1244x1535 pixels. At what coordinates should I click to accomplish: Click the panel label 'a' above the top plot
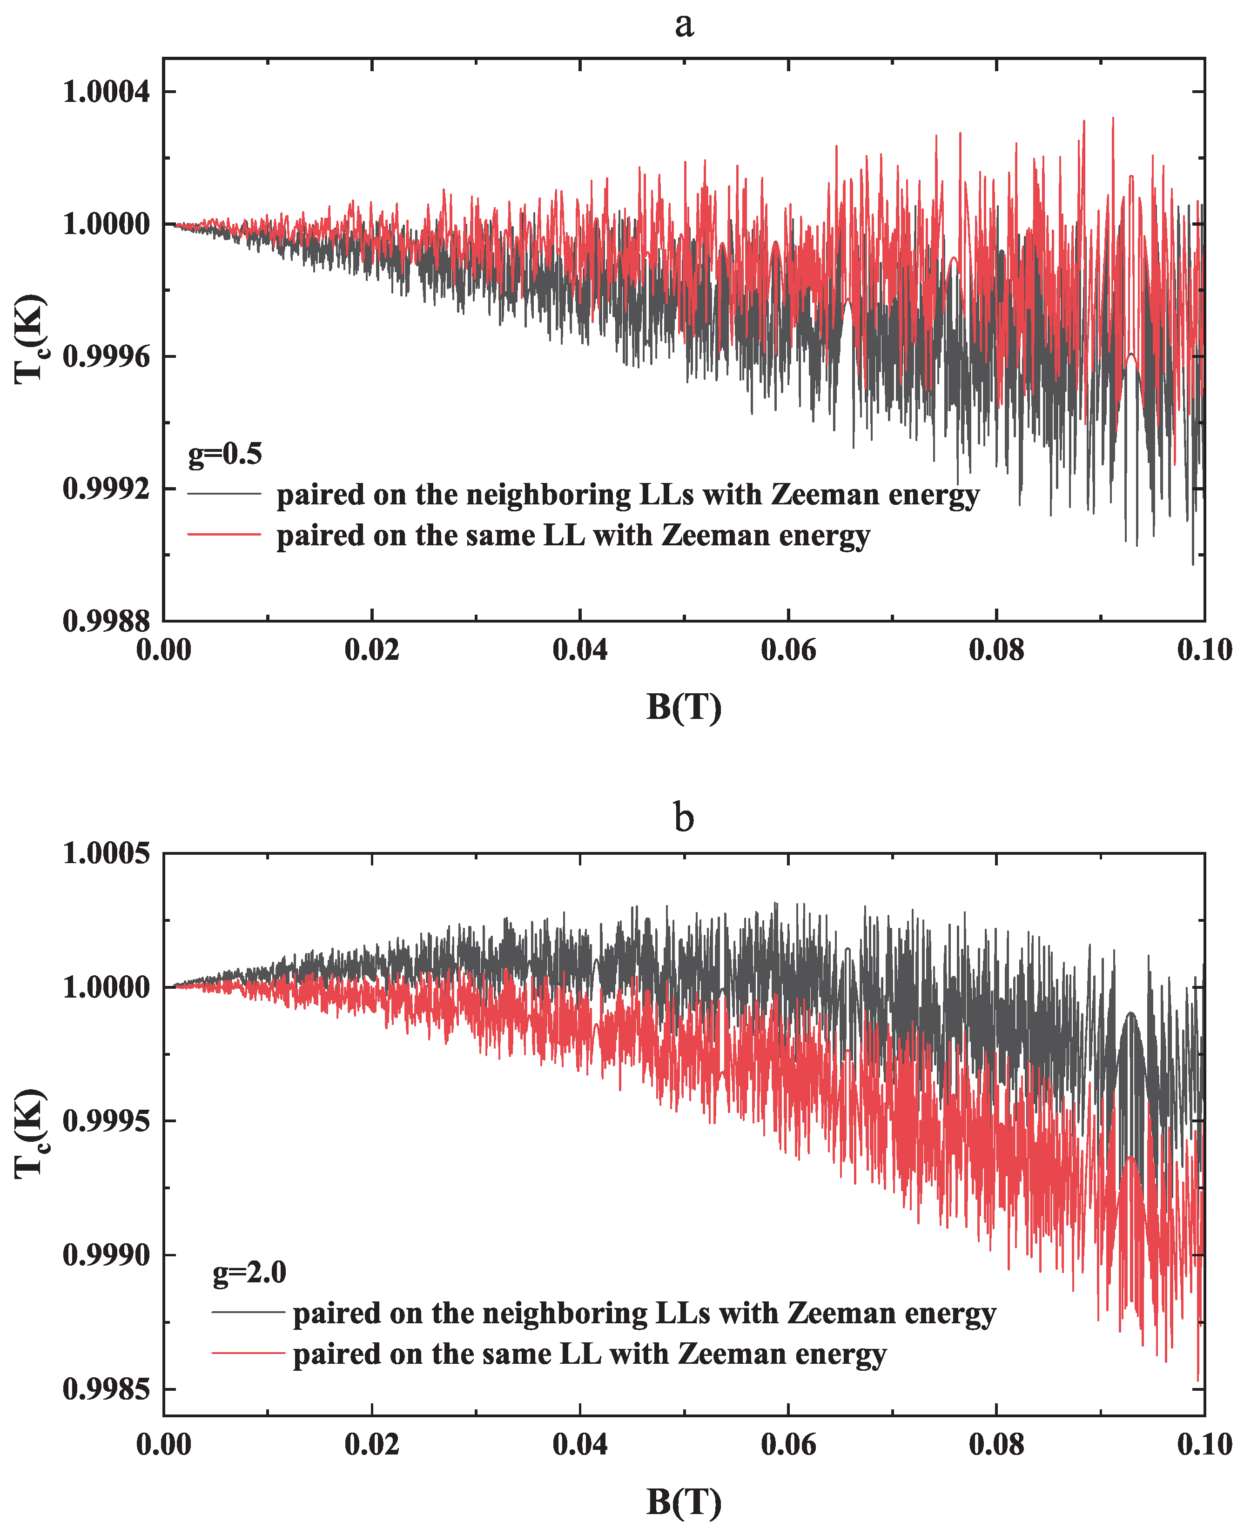(684, 25)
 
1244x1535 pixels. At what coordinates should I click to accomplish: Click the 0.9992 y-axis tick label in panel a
(107, 489)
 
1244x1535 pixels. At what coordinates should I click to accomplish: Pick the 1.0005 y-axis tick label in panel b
(107, 854)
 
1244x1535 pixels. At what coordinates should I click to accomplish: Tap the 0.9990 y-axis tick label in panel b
(107, 1255)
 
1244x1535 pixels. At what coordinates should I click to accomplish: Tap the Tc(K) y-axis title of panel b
(31, 1134)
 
